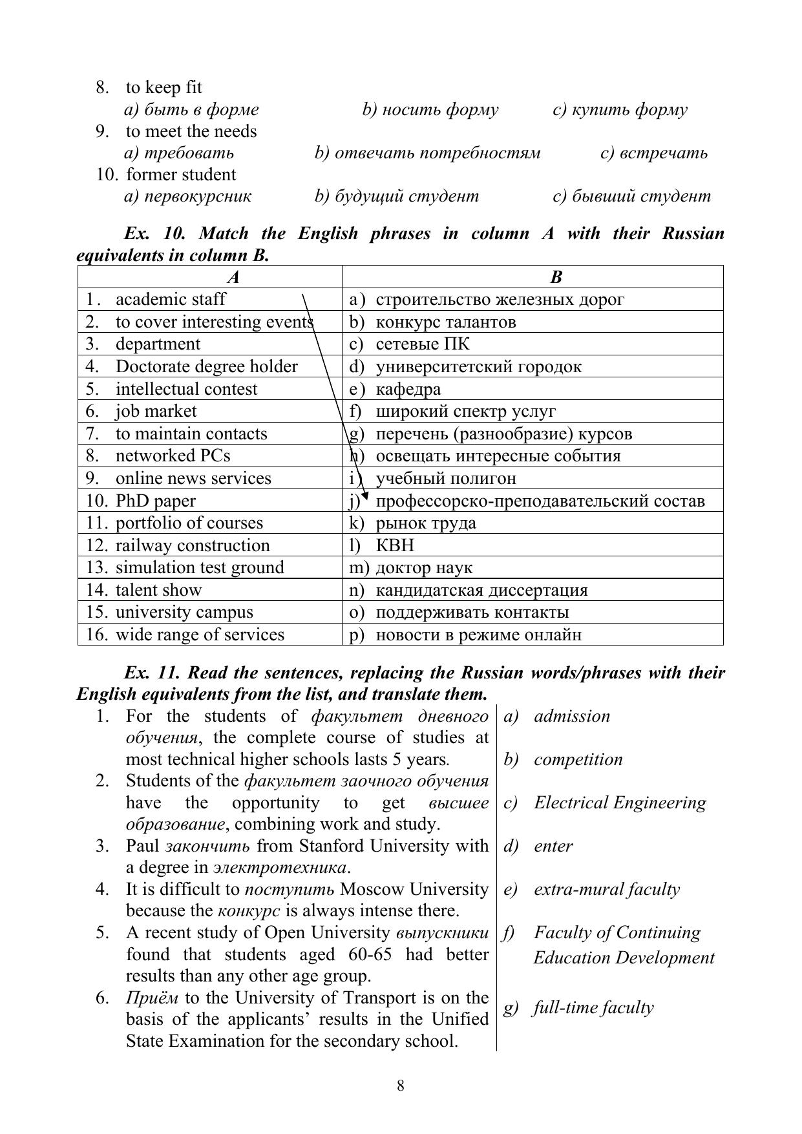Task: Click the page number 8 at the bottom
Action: [x=401, y=1085]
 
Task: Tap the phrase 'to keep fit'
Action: [x=164, y=87]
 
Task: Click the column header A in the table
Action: [x=233, y=277]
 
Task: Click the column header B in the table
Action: [x=556, y=277]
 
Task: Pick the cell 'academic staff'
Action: [x=171, y=299]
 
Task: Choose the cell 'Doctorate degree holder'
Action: [x=206, y=366]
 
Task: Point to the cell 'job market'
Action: [x=156, y=411]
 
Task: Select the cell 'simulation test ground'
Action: [x=200, y=567]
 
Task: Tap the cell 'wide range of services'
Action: [x=200, y=635]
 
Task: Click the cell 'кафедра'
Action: [x=408, y=389]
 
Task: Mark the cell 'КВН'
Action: [x=394, y=545]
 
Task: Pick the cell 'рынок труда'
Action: [x=425, y=523]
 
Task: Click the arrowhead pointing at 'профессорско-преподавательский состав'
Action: [x=364, y=496]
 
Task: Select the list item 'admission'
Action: [x=571, y=716]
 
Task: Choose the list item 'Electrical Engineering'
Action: [x=619, y=803]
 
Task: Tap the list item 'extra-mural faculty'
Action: [x=606, y=889]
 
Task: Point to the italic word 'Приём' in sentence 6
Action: [x=153, y=998]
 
